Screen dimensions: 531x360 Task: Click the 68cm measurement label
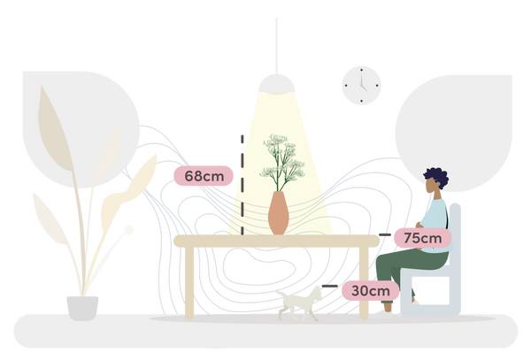(204, 176)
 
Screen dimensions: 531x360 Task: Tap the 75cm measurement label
(423, 238)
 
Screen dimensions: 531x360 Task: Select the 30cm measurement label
(371, 291)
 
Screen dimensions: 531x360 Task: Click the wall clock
(361, 86)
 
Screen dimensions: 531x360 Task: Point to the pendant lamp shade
(277, 84)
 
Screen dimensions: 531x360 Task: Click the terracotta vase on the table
(279, 213)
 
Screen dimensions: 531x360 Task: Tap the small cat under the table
(299, 304)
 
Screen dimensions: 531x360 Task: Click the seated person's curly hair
(437, 177)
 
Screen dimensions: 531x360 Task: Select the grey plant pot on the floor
(82, 308)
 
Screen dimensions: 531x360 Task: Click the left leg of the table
(189, 283)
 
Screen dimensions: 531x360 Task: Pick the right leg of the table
(364, 283)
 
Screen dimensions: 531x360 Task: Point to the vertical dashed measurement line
(242, 185)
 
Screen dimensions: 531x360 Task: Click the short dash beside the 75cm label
(385, 234)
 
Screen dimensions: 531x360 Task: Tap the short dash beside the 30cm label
(329, 287)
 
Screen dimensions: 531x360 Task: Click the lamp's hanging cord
(277, 46)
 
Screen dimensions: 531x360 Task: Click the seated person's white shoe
(382, 315)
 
